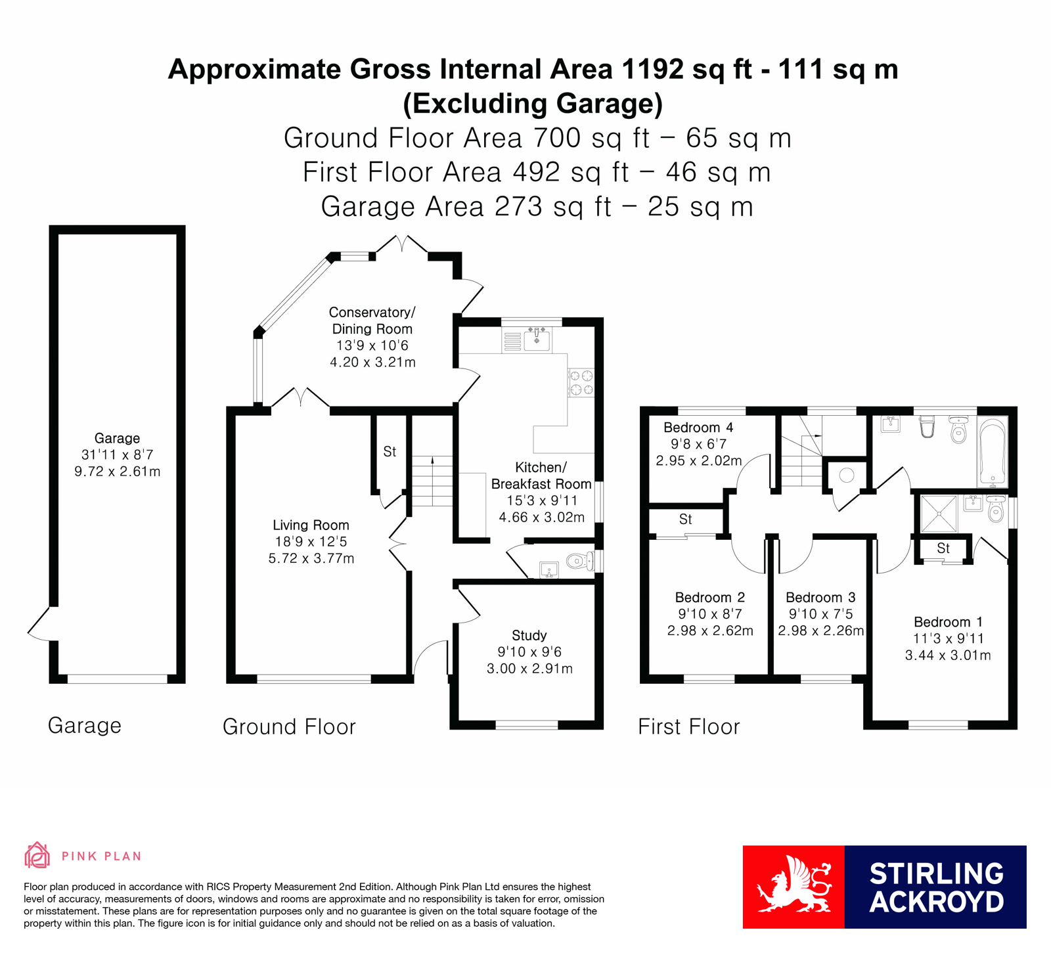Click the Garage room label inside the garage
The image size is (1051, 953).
(x=117, y=438)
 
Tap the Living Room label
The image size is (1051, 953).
(x=311, y=525)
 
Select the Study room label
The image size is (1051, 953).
(x=529, y=635)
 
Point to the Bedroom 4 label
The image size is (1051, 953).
(x=698, y=428)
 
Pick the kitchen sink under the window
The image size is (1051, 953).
(x=537, y=338)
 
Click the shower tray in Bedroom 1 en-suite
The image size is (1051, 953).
(x=939, y=514)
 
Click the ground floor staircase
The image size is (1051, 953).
(x=432, y=481)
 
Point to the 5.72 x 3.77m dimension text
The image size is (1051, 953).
(x=311, y=559)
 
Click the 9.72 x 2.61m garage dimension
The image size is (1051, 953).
(x=118, y=472)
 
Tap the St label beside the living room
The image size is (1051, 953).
(x=390, y=451)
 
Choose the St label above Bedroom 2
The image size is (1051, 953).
(x=686, y=519)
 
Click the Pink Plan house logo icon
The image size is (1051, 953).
(x=37, y=855)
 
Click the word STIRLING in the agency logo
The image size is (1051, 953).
(x=937, y=874)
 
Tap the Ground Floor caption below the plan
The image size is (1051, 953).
(x=289, y=726)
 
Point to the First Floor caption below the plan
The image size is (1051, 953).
(x=689, y=726)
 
